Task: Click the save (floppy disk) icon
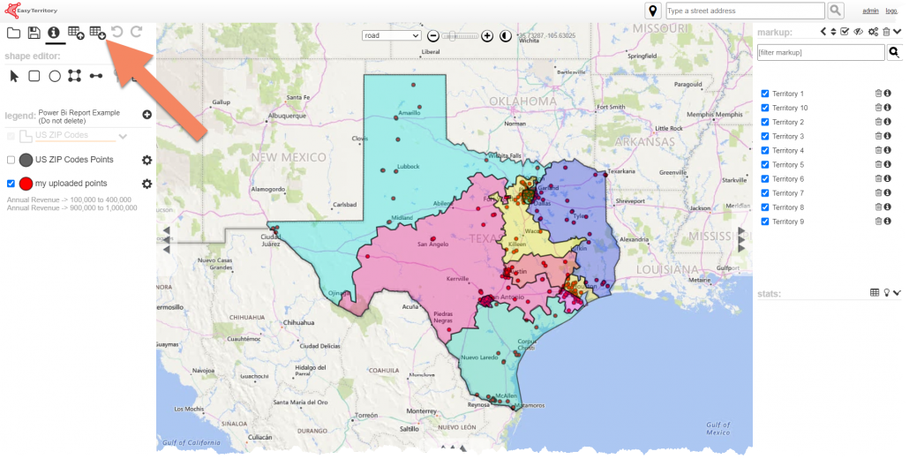click(34, 33)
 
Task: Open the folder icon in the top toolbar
click(13, 33)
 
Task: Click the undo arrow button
click(116, 33)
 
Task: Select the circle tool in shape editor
click(55, 76)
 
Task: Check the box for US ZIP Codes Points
click(11, 160)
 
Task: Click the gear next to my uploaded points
click(147, 184)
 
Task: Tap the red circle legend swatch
click(26, 184)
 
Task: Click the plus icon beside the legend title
click(146, 115)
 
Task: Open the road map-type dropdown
click(392, 35)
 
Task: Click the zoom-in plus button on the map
click(487, 36)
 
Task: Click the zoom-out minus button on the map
click(433, 36)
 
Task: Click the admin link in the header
click(870, 11)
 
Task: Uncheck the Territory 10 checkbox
click(765, 108)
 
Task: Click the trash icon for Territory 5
click(878, 164)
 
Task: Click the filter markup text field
click(820, 53)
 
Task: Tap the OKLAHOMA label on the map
click(523, 102)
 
